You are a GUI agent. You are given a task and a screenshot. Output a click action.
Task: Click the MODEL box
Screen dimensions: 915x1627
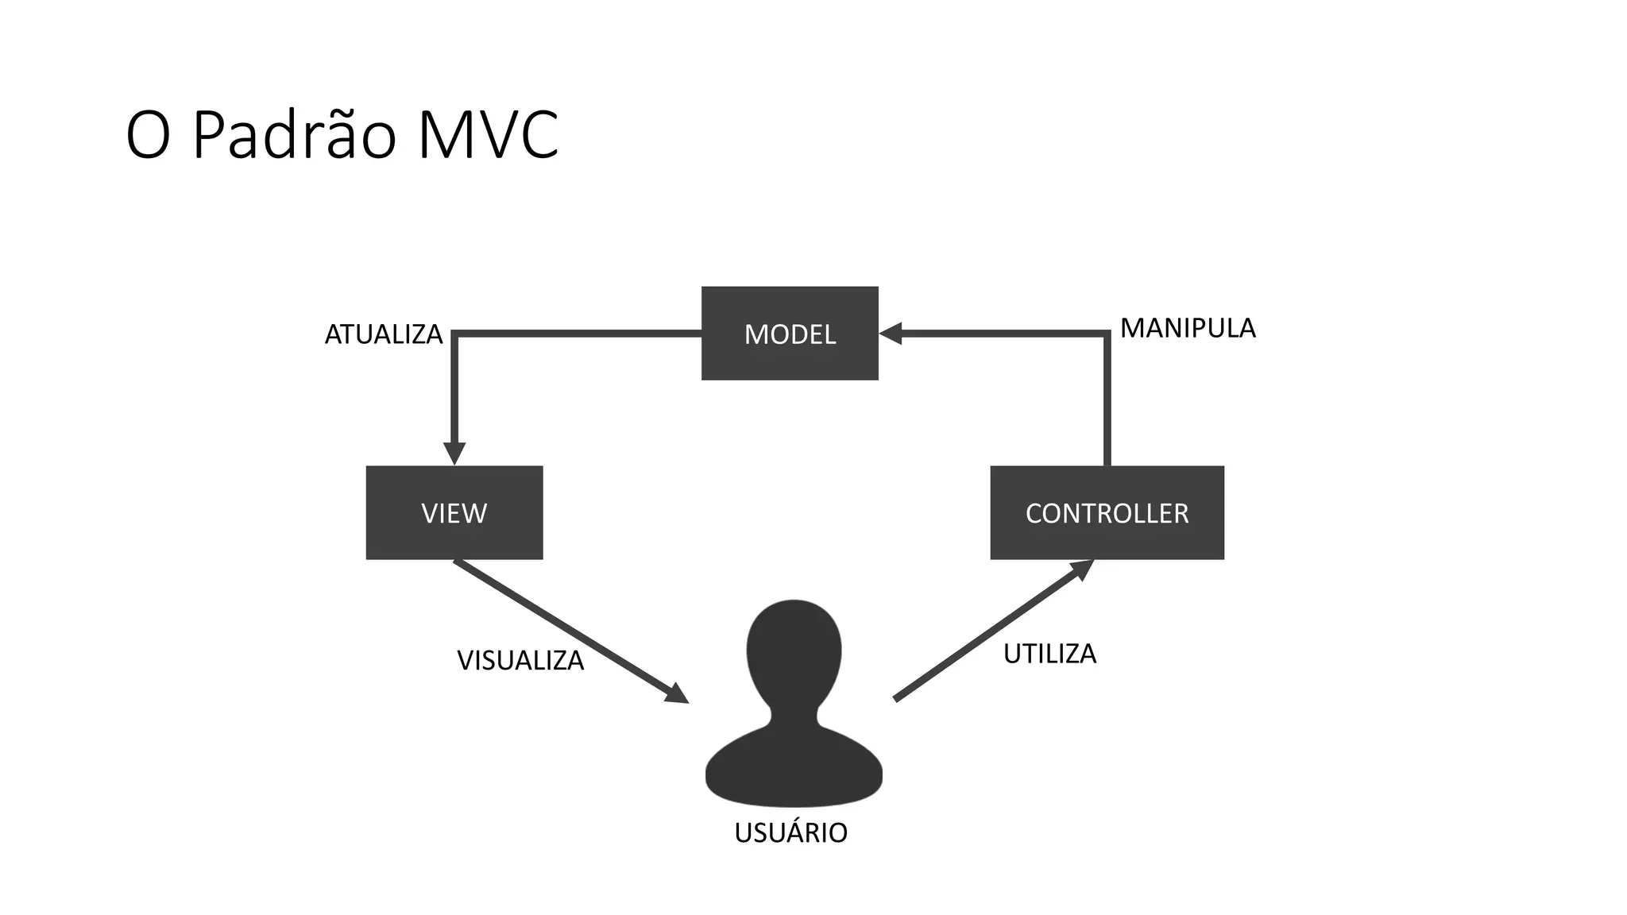[x=790, y=334]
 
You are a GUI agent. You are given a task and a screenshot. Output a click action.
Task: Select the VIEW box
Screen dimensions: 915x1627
[x=454, y=513]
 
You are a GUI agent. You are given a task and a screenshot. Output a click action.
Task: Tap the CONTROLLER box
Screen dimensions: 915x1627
[x=1107, y=513]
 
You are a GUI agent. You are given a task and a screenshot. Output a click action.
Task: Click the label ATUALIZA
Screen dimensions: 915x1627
[x=384, y=334]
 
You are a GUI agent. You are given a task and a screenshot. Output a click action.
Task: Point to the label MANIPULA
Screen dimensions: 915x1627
[x=1188, y=328]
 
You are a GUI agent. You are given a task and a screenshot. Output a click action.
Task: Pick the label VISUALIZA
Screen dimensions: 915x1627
[x=520, y=660]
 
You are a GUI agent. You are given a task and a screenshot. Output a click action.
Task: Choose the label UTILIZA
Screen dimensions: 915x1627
[x=1049, y=654]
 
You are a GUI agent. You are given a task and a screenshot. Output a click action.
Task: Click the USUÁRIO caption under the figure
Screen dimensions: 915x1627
[x=790, y=832]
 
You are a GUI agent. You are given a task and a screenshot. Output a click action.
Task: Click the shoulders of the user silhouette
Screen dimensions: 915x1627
[x=794, y=766]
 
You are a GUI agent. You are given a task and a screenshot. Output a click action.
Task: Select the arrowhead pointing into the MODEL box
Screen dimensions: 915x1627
[x=891, y=334]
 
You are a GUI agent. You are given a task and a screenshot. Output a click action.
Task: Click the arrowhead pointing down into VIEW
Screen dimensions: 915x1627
[x=454, y=454]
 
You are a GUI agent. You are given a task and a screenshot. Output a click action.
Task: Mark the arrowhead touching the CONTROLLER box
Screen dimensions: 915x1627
[x=1081, y=569]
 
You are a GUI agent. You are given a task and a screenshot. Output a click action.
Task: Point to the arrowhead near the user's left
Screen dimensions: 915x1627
[x=676, y=693]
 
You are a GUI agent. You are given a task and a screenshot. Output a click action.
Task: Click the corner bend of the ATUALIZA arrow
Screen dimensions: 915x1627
[x=454, y=334]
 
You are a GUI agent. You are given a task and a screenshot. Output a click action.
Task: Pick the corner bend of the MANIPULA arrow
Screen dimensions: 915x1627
[x=1107, y=334]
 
